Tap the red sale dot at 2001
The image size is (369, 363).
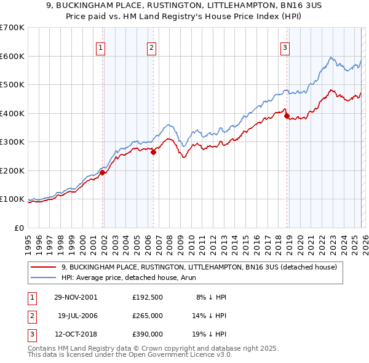coord(103,173)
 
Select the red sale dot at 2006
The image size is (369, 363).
coord(153,153)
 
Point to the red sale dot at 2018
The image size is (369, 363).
coord(287,116)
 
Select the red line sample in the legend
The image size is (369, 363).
coord(43,268)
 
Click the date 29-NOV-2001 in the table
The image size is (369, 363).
coord(76,297)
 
